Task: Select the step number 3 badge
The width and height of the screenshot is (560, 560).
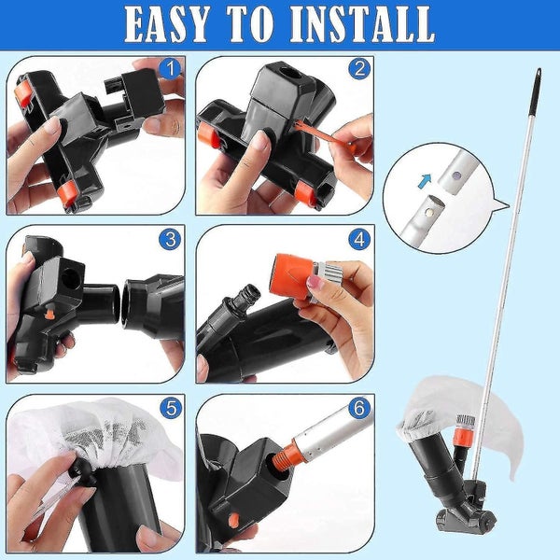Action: [x=169, y=239]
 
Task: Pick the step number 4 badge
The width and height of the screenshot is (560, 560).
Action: [x=357, y=239]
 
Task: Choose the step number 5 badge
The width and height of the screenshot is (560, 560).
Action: [x=169, y=408]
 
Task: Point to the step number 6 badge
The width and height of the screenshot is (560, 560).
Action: [x=357, y=408]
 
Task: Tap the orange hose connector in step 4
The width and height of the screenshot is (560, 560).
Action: [x=289, y=273]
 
